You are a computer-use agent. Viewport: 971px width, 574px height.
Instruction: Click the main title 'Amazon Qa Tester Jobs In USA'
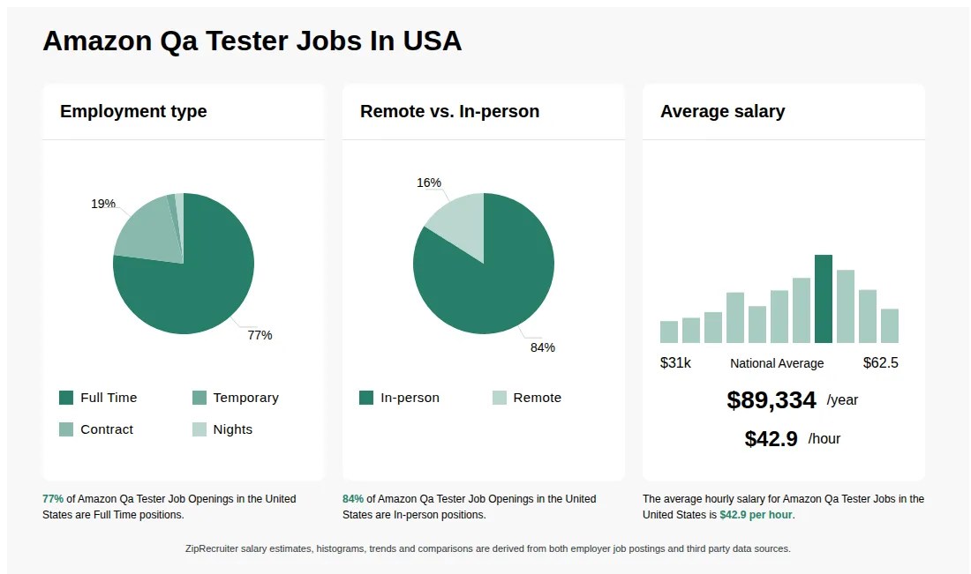pos(252,41)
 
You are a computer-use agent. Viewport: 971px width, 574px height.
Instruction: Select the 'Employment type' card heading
pos(133,111)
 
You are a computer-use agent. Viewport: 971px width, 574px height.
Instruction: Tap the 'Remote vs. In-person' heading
pos(449,111)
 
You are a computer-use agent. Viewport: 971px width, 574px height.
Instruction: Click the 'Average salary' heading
pos(722,111)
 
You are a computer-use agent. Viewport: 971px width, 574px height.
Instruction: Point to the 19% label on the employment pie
pos(103,204)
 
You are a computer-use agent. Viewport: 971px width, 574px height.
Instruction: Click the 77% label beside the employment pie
pos(260,335)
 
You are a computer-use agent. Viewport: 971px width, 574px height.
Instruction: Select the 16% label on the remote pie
pos(429,183)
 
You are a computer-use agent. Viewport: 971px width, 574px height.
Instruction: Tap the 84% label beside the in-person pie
pos(542,347)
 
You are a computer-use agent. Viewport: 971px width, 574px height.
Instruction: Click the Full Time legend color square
pos(66,398)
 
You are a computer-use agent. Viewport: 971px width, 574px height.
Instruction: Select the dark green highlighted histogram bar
pos(824,299)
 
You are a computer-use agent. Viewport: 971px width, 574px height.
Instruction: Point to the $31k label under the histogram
pos(675,363)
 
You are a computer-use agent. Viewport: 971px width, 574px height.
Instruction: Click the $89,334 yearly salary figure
pos(772,400)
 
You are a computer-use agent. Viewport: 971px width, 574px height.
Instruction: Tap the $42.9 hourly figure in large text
pos(772,439)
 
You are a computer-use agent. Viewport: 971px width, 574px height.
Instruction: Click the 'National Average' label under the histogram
pos(777,363)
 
